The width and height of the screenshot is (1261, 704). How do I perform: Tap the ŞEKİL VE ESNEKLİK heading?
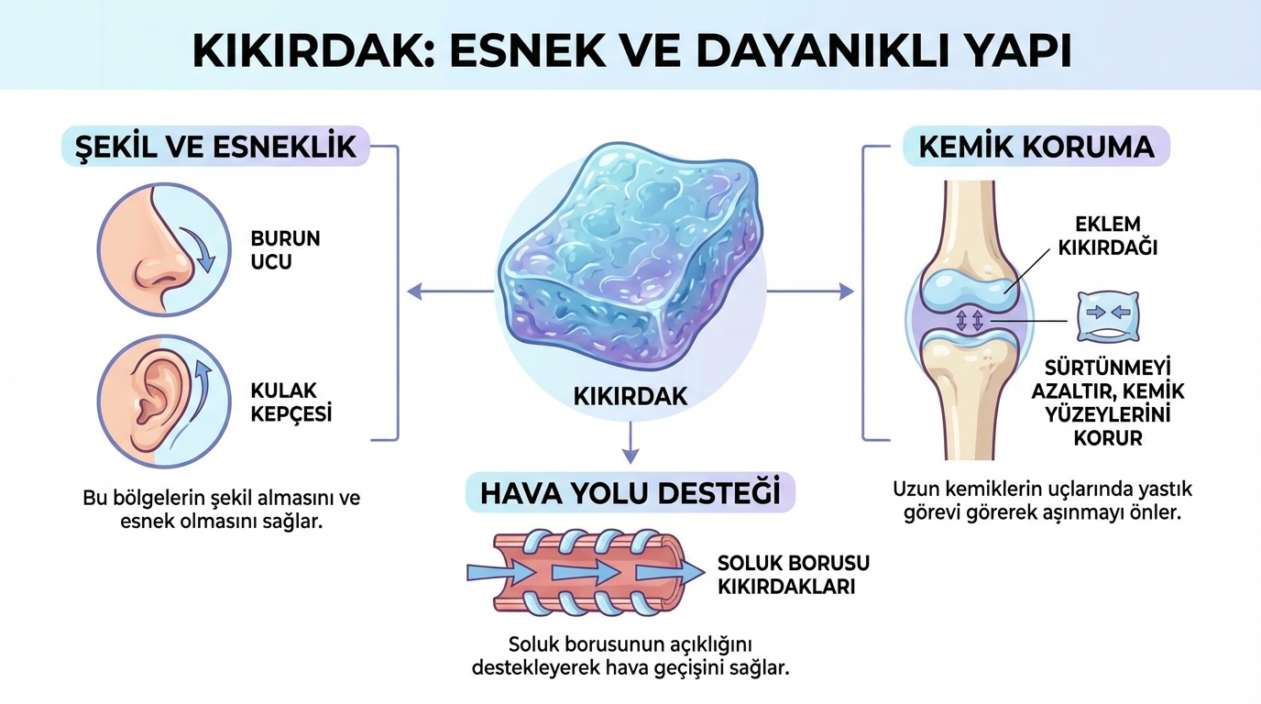click(x=215, y=147)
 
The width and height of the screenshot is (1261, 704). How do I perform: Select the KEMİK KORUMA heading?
click(x=1036, y=147)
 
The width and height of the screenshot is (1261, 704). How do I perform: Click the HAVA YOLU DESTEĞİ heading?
click(x=630, y=493)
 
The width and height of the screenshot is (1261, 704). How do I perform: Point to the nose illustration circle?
click(x=164, y=249)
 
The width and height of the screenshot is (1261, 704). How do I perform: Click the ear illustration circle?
click(x=164, y=401)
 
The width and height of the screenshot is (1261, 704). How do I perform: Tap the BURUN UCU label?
click(x=285, y=250)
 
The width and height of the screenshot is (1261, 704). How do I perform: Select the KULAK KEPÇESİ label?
click(x=291, y=402)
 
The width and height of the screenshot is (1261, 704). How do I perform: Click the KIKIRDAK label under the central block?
click(x=630, y=397)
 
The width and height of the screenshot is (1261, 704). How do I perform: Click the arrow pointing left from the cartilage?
click(x=450, y=291)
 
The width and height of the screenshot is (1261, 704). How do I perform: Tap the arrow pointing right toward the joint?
click(x=810, y=291)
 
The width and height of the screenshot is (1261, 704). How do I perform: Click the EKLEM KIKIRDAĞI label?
click(x=1107, y=236)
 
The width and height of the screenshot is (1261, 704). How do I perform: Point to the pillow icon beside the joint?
click(x=1108, y=316)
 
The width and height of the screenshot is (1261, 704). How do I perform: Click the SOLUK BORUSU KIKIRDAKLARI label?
click(x=794, y=575)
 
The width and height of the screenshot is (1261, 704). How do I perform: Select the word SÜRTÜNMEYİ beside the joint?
click(x=1108, y=368)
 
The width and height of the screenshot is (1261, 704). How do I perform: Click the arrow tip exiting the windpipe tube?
click(x=703, y=573)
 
